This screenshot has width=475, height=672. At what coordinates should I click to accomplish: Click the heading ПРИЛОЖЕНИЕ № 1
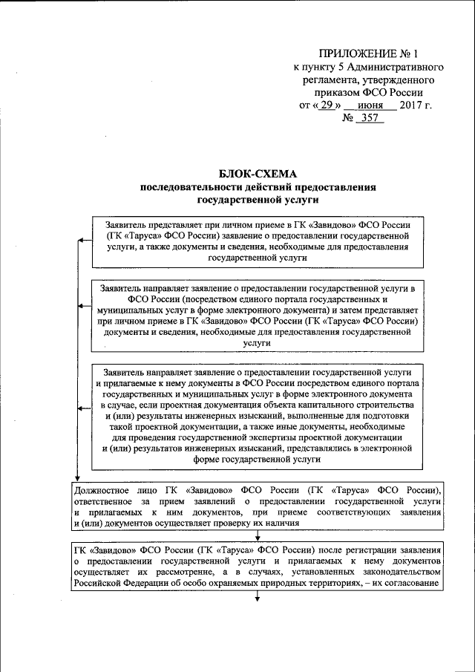point(369,54)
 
